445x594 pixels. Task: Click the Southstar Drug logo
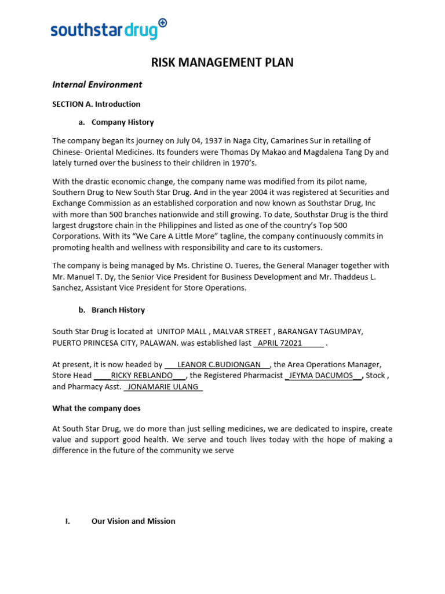[x=108, y=29]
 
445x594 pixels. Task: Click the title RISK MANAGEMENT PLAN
[x=222, y=63]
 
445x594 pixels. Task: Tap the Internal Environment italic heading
[x=97, y=85]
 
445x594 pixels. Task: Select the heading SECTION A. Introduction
[x=96, y=104]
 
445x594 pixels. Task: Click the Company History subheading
[x=122, y=122]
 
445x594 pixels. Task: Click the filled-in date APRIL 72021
[x=280, y=343]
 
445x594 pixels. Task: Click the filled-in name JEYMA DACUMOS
[x=320, y=376]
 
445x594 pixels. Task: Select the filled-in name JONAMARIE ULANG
[x=163, y=387]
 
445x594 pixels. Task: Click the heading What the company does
[x=96, y=408]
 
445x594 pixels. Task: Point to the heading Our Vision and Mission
[x=133, y=521]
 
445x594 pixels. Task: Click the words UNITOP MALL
[x=183, y=332]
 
